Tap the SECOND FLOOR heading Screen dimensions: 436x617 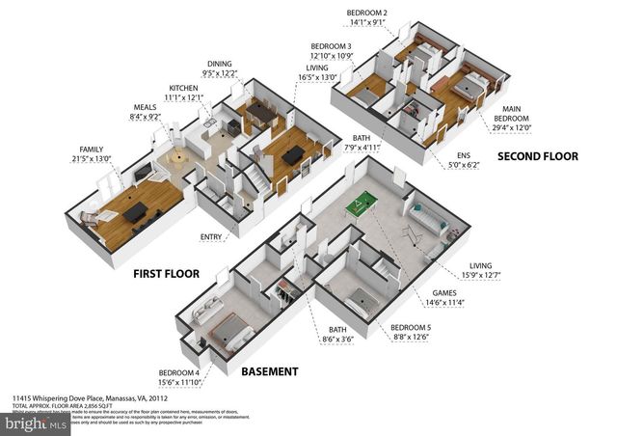pyautogui.click(x=537, y=155)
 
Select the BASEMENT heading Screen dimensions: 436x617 pyautogui.click(x=269, y=371)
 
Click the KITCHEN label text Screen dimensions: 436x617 pyautogui.click(x=183, y=88)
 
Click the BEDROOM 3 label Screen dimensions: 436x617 pyautogui.click(x=331, y=46)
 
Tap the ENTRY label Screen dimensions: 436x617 pyautogui.click(x=210, y=236)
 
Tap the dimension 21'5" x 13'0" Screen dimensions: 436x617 pyautogui.click(x=94, y=159)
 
